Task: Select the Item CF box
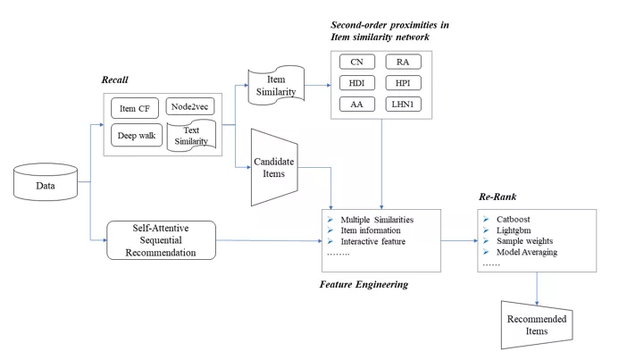coord(135,110)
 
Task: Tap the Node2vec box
coord(190,109)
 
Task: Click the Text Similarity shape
coord(190,137)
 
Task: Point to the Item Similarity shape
coord(277,85)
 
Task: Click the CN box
coord(356,63)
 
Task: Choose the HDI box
coord(356,83)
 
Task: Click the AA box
coord(356,105)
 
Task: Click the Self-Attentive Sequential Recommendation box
coord(162,240)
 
